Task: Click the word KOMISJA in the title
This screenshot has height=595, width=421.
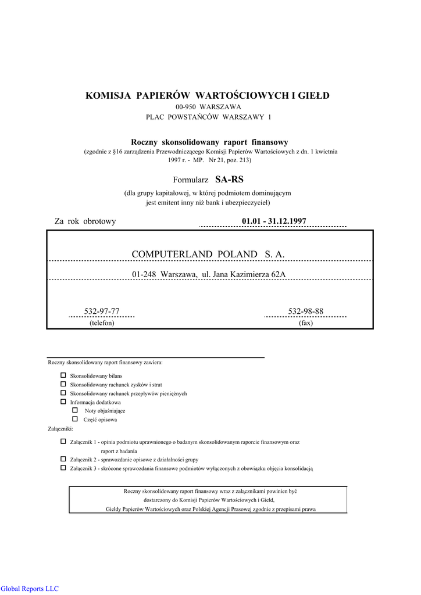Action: [109, 95]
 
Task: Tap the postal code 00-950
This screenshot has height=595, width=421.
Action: [186, 107]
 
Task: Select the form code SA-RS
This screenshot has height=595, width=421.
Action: [230, 180]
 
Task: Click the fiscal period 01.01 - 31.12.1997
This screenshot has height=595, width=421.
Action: [274, 221]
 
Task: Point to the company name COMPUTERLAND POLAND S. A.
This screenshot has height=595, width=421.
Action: [208, 255]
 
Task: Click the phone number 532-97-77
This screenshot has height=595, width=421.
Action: [102, 311]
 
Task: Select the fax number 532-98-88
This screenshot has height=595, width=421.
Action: [306, 311]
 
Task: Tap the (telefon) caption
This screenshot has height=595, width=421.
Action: [102, 323]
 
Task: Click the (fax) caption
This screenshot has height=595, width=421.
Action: [306, 323]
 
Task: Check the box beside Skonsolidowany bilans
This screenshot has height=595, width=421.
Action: [63, 375]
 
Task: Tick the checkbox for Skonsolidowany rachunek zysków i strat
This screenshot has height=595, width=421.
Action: [63, 384]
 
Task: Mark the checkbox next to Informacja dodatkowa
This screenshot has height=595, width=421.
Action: [63, 402]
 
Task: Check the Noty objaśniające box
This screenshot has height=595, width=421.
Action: [74, 410]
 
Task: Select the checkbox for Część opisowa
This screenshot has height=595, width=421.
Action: [74, 418]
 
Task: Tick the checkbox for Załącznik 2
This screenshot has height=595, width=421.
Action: [63, 458]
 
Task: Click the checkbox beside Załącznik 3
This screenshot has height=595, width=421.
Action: [63, 467]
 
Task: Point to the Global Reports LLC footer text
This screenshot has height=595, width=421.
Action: [30, 589]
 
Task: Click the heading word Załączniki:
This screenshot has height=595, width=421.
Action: [60, 429]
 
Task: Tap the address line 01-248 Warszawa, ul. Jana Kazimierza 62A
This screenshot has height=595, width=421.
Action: [209, 274]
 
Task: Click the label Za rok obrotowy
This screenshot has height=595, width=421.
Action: [85, 221]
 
